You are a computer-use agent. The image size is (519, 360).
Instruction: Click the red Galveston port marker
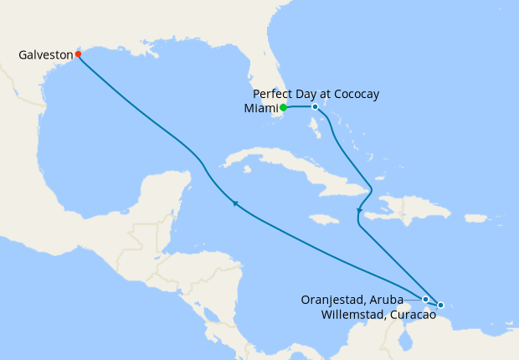point(78,54)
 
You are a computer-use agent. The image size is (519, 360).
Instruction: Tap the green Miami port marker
point(284,107)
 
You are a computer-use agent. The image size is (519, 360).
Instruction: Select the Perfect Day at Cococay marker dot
point(315,107)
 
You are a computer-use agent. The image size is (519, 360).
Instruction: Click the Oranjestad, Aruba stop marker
point(425,299)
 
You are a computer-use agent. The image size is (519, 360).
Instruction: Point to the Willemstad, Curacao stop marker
point(440,306)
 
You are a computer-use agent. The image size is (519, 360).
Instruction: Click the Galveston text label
point(45,55)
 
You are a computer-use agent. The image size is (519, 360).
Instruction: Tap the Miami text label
point(259,108)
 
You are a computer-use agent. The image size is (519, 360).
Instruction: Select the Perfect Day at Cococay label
point(316,94)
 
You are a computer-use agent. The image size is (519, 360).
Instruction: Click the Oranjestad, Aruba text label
point(352,299)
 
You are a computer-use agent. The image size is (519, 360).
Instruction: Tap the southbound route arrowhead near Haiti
point(358,210)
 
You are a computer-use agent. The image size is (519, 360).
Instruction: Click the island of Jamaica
point(324,219)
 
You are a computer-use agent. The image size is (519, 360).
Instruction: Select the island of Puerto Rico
point(475,219)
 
